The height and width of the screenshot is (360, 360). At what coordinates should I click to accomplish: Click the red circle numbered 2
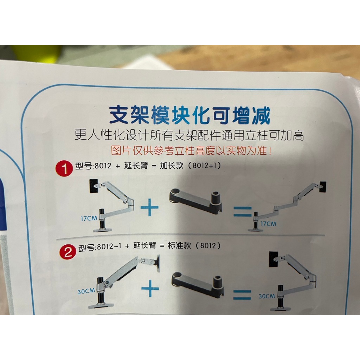click(x=68, y=252)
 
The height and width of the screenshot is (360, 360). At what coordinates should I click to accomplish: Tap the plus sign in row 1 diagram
click(x=149, y=207)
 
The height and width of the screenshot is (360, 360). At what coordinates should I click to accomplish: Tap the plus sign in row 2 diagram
click(x=150, y=288)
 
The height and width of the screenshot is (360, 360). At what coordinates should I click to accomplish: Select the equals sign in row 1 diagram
click(x=243, y=212)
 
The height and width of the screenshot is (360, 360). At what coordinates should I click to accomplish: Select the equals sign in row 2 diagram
click(x=242, y=295)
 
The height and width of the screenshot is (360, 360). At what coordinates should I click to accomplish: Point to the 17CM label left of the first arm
click(x=89, y=218)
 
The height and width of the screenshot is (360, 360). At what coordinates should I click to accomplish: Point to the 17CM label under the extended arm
click(x=268, y=224)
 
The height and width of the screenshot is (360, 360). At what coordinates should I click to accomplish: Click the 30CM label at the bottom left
click(x=86, y=291)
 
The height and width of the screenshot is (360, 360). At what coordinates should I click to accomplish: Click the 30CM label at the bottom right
click(x=266, y=296)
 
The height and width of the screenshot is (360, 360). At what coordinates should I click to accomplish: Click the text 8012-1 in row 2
click(x=109, y=247)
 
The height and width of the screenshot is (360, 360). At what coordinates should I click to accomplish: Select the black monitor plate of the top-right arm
click(x=323, y=187)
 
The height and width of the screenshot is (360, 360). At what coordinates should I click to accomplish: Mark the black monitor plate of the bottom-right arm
click(x=274, y=259)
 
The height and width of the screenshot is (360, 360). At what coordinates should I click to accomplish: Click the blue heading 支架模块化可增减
click(x=189, y=115)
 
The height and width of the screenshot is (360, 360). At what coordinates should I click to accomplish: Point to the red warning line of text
click(x=191, y=150)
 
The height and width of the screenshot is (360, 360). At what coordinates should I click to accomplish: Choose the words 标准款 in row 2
click(x=179, y=245)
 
